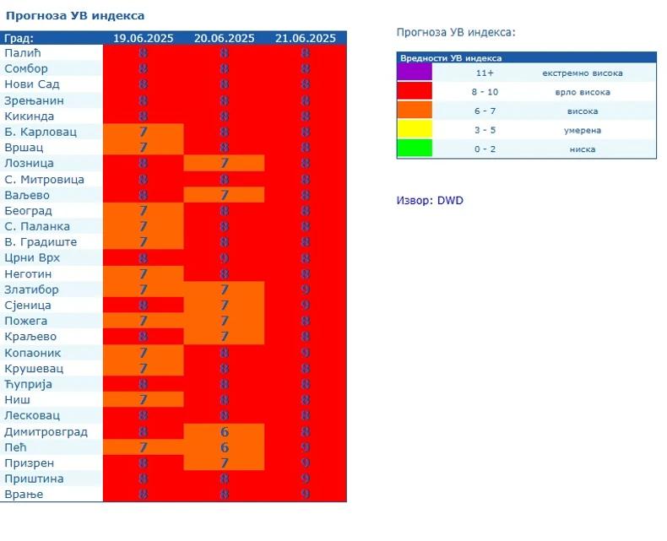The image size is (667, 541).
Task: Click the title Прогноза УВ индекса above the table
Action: pos(75,15)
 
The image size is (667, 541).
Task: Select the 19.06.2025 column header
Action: pos(143,38)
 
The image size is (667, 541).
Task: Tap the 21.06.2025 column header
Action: pos(305,38)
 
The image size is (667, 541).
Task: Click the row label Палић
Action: pos(24,53)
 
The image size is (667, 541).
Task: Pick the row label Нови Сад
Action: pos(32,84)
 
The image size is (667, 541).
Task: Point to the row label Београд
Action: pos(29,210)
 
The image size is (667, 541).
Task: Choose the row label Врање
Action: pos(24,494)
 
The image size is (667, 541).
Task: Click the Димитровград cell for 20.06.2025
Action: pos(224,431)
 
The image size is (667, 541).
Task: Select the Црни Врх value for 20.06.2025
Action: pos(224,257)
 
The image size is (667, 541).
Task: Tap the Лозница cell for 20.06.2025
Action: pos(224,163)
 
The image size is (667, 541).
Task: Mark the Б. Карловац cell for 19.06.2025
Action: pos(143,132)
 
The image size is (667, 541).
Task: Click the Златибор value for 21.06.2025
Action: pos(305,289)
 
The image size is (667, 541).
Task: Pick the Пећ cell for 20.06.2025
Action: pos(224,446)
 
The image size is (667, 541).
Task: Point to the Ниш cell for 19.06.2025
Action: pos(143,399)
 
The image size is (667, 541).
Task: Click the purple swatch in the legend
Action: pos(415,73)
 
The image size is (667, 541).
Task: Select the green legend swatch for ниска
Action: pos(415,149)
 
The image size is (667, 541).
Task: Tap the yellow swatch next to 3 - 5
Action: pos(415,129)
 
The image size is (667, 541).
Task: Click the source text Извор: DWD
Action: pos(430,200)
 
